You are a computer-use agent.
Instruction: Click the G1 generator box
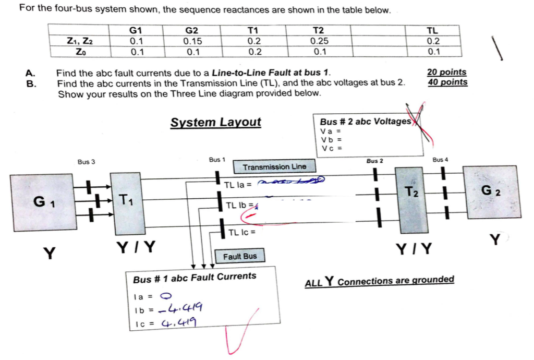point(42,202)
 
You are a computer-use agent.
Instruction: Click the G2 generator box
point(492,191)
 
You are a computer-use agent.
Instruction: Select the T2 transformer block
point(411,199)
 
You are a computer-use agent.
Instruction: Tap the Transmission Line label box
point(274,167)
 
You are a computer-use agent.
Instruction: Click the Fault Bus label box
point(240,257)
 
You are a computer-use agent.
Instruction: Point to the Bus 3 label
point(86,162)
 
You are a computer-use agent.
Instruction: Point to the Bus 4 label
point(440,160)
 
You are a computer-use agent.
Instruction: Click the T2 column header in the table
point(318,30)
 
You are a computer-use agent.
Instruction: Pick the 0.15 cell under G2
point(192,41)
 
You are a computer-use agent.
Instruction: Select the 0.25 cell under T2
point(318,41)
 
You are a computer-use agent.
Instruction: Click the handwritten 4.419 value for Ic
point(183,323)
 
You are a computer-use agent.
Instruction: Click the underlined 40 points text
point(447,82)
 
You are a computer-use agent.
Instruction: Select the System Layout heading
point(216,123)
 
